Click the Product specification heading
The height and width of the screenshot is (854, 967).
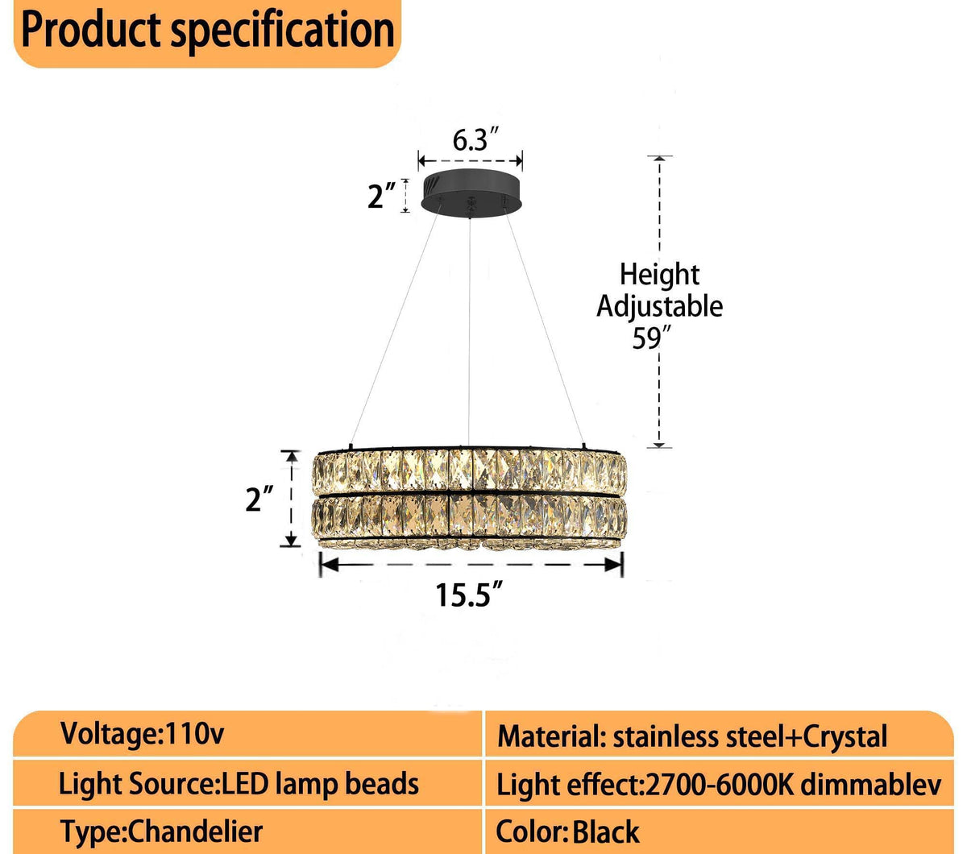[x=208, y=31]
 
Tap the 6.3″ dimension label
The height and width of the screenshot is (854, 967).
[x=471, y=140]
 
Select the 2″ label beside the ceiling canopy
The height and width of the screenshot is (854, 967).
[x=381, y=196]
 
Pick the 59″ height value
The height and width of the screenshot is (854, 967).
[x=646, y=338]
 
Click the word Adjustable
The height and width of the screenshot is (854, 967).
[x=659, y=306]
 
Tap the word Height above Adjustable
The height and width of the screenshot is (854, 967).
[x=659, y=275]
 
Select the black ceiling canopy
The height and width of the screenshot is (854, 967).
[x=471, y=192]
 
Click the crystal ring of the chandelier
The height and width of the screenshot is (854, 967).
[x=470, y=500]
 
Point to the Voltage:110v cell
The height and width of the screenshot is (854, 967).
[x=143, y=734]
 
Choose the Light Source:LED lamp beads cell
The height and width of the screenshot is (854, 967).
[x=239, y=783]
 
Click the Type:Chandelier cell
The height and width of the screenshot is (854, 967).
[x=161, y=831]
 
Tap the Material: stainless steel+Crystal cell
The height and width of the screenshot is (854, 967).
[x=691, y=736]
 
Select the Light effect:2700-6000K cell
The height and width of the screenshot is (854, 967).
[x=718, y=785]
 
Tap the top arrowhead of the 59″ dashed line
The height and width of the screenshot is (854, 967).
[x=659, y=160]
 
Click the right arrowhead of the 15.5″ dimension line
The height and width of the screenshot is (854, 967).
[x=616, y=565]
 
